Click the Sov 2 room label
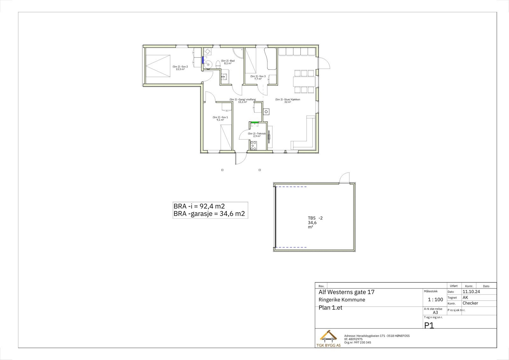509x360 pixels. pos(180,68)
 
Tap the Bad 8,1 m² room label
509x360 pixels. pos(227,62)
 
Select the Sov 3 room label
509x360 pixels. pos(258,78)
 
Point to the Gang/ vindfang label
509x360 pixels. pos(242,101)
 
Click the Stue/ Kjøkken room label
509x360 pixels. pos(288,101)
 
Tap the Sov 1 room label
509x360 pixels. pos(220,118)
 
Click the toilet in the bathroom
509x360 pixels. pos(217,65)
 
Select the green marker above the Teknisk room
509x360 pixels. pos(254,122)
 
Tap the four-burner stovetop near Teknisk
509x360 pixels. pos(254,145)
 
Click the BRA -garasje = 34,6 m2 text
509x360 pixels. pos(209,214)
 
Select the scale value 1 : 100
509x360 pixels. pos(435,300)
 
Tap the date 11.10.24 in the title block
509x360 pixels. pos(471,292)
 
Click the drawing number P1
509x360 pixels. pos(429,325)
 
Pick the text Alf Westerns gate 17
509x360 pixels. pos(346,292)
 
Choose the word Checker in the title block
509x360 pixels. pos(470,303)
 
